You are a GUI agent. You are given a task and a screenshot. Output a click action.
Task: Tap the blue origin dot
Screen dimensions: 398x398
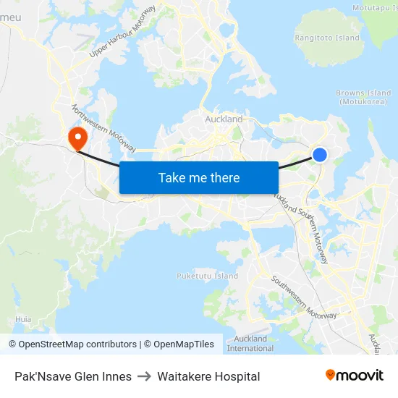coord(319,154)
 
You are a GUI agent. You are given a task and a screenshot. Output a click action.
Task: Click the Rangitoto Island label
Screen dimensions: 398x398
coord(327,38)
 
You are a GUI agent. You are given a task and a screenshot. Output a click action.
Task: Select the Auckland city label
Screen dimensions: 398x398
coord(224,119)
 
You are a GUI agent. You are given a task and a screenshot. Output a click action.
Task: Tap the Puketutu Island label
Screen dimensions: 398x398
coord(207,276)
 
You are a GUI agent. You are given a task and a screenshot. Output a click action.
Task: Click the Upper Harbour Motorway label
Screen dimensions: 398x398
coord(122,32)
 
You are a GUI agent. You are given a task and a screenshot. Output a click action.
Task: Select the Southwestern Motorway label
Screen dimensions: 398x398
coord(304,297)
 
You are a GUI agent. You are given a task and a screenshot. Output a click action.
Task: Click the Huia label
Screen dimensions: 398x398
coord(23,318)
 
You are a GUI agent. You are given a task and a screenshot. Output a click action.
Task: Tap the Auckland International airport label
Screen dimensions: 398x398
coord(250,343)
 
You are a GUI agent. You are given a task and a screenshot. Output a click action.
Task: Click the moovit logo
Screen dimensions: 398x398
coord(355,376)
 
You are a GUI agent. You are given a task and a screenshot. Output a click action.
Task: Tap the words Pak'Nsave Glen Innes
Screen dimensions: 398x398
coord(73,376)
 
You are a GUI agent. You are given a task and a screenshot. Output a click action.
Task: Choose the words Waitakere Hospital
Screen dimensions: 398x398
coord(208,376)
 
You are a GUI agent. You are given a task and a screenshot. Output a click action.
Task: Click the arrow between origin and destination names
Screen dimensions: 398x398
coord(145,376)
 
